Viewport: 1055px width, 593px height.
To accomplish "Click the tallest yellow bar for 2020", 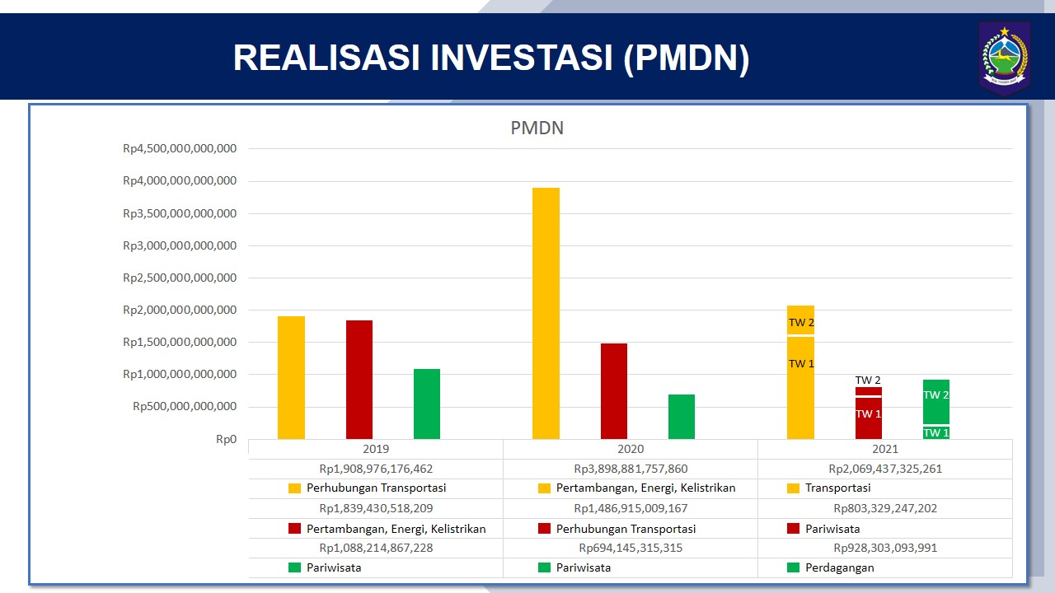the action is point(546,314).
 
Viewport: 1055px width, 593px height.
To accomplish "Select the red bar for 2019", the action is point(359,380).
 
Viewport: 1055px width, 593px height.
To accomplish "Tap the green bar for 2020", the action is point(682,417).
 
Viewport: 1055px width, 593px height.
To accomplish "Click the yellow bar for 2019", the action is point(291,377).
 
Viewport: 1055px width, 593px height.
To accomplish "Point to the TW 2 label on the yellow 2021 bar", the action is point(801,322).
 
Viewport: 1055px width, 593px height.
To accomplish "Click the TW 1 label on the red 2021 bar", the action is point(868,413).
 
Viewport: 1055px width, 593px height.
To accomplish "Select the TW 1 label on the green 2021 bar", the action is point(935,432).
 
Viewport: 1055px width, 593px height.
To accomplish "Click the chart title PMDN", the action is point(537,128).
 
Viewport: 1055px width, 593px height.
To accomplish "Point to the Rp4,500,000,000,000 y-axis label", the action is point(180,148).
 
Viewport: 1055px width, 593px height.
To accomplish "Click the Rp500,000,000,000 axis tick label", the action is point(185,406).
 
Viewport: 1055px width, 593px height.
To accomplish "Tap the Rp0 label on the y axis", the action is point(226,439).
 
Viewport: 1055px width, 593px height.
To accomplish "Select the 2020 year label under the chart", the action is point(631,449).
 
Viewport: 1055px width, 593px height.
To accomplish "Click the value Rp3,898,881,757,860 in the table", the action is point(631,469).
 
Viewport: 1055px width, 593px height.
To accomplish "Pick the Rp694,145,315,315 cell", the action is point(631,548).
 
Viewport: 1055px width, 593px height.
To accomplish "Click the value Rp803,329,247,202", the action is point(885,508).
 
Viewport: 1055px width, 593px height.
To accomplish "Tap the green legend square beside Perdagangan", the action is point(793,567).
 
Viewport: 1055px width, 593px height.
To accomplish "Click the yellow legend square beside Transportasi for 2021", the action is point(793,488).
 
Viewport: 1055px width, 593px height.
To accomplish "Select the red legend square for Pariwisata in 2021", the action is point(793,528).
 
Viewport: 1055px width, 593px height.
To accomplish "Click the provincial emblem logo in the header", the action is point(1005,57).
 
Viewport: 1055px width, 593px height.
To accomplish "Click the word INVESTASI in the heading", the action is point(522,58).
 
